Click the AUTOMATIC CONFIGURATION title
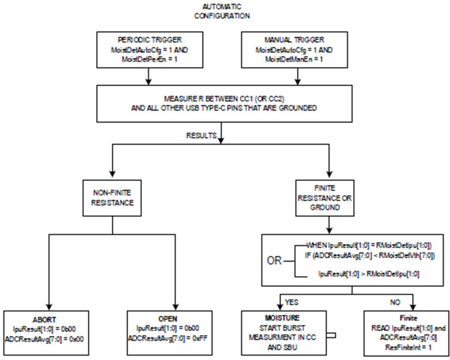[222, 11]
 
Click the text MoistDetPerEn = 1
[150, 60]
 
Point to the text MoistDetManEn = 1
[294, 60]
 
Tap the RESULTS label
[201, 135]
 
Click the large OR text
[274, 261]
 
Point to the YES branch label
[291, 302]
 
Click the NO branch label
[395, 302]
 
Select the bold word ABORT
[44, 320]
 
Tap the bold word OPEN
[168, 319]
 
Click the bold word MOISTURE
[282, 318]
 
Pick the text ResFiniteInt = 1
[409, 348]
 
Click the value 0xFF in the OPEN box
[200, 338]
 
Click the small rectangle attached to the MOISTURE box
[331, 335]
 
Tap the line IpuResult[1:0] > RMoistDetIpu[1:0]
[369, 274]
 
